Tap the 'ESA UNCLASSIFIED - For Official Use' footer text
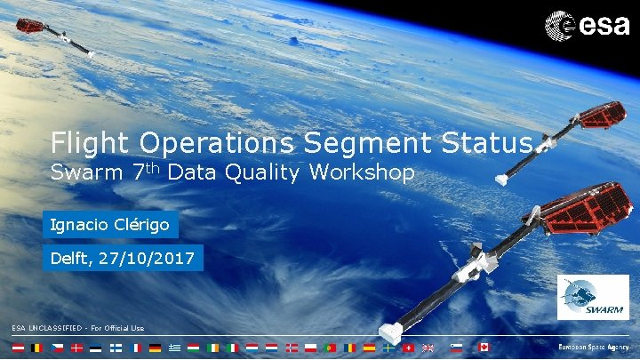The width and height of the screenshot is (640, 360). click(x=77, y=328)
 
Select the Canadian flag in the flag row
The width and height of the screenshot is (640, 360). click(x=484, y=347)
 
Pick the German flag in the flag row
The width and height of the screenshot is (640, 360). click(x=155, y=347)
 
